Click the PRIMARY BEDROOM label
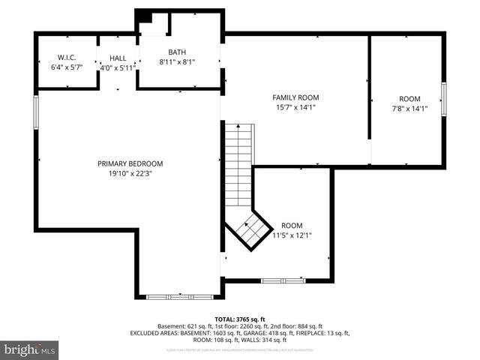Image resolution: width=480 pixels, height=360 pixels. click(x=130, y=163)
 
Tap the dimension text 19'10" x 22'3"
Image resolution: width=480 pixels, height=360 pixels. click(x=130, y=174)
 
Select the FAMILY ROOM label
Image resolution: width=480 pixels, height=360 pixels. click(x=295, y=97)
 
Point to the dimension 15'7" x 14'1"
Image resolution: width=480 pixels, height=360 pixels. click(x=295, y=107)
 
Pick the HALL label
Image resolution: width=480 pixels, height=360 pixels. click(x=118, y=57)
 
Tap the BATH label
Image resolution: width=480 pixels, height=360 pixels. click(x=177, y=52)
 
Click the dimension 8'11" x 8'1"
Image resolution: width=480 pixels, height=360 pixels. click(x=177, y=62)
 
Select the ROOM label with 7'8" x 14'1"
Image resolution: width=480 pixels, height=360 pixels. click(x=409, y=99)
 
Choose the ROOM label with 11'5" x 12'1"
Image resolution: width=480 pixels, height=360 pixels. click(x=292, y=225)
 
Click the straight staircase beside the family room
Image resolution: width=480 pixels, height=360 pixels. click(x=238, y=165)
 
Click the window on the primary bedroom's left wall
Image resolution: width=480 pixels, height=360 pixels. click(x=35, y=111)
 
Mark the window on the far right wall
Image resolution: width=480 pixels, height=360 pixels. click(x=443, y=99)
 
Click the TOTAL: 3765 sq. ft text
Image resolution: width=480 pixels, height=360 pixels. click(x=240, y=319)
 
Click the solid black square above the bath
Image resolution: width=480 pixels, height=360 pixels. click(x=144, y=18)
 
